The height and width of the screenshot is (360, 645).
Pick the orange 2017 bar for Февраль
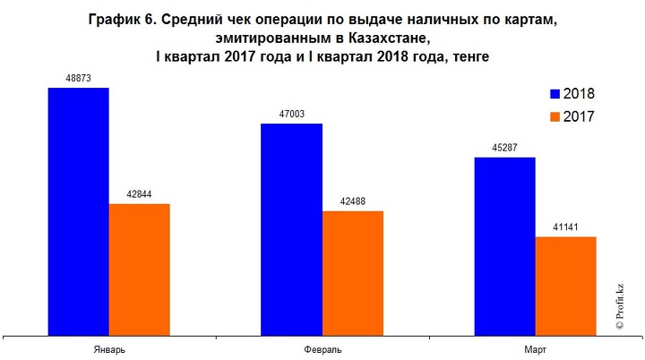click(352, 274)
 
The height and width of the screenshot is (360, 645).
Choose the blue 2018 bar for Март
click(504, 247)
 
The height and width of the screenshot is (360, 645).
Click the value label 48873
click(78, 78)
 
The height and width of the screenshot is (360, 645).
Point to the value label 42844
click(139, 194)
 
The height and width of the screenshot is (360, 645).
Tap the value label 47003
click(291, 114)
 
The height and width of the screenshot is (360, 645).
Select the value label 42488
click(352, 201)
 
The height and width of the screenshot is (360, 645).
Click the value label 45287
click(504, 148)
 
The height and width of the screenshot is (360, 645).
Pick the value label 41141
click(565, 227)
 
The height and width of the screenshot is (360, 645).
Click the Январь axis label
click(108, 348)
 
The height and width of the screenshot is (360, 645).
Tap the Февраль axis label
click(322, 348)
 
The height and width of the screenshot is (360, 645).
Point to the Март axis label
click(535, 348)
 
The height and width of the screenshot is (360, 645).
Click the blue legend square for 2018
click(555, 93)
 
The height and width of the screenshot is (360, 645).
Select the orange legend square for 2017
click(555, 116)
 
